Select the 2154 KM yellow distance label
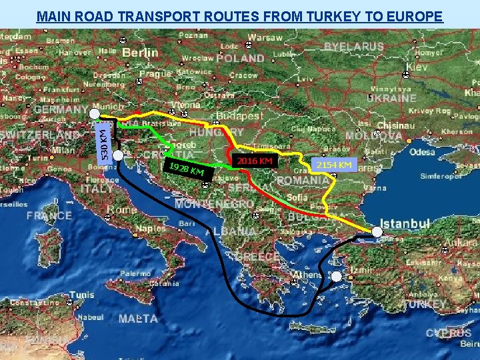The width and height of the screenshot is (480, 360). [334, 165]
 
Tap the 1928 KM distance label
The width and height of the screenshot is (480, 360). [189, 171]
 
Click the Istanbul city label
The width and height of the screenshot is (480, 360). [405, 223]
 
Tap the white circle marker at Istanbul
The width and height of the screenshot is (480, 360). [377, 232]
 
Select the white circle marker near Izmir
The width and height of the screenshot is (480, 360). [336, 276]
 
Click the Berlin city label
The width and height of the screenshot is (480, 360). [140, 52]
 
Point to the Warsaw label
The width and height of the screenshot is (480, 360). [265, 37]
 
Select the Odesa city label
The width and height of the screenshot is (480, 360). [422, 152]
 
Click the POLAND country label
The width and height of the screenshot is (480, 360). [240, 58]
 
